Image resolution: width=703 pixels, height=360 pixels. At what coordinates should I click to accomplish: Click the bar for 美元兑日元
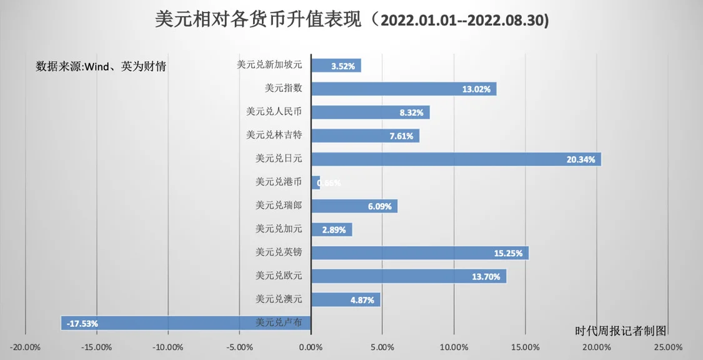tap(456, 159)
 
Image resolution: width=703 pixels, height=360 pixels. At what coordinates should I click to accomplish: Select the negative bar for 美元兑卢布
tap(186, 323)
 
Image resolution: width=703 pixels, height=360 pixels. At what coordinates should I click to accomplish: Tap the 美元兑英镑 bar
tap(419, 252)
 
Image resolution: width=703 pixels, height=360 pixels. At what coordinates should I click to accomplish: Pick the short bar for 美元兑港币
tap(316, 182)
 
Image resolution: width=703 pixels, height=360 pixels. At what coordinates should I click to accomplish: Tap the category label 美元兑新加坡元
tap(269, 64)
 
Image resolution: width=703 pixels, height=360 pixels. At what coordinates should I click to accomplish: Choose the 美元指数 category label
tap(283, 88)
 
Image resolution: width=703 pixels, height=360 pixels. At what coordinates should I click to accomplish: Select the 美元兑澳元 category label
tap(279, 299)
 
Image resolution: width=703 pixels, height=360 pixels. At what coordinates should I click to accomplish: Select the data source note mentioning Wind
tap(101, 66)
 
